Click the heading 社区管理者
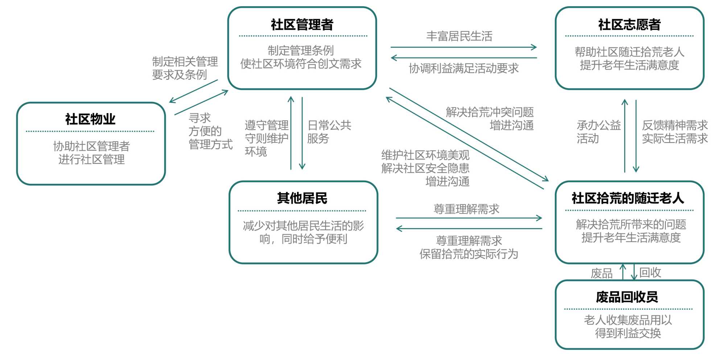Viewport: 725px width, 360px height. click(x=302, y=25)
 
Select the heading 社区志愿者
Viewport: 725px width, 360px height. click(x=629, y=25)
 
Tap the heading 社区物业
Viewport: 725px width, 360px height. click(x=90, y=119)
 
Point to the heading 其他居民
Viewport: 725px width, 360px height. click(x=302, y=198)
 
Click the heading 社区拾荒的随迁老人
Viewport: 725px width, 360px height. click(x=628, y=198)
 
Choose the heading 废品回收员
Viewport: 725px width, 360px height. click(x=627, y=297)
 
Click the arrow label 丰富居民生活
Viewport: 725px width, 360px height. click(x=459, y=36)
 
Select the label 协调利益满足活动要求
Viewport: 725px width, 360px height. click(x=464, y=68)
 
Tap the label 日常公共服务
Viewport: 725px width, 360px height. click(x=329, y=132)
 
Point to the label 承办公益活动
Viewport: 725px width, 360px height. click(x=598, y=132)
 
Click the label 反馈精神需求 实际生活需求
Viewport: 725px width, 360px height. click(x=675, y=132)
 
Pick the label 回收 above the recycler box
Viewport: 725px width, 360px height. click(x=650, y=272)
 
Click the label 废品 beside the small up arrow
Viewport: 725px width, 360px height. click(x=601, y=273)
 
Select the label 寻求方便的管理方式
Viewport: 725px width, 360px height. click(x=210, y=131)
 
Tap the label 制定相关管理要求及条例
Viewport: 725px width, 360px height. click(x=185, y=68)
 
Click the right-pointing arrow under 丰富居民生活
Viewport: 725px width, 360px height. click(x=464, y=47)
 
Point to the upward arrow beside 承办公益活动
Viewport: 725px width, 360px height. click(x=625, y=136)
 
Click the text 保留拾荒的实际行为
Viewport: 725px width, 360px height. click(x=469, y=254)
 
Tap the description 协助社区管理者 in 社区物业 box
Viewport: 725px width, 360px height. click(x=91, y=146)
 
